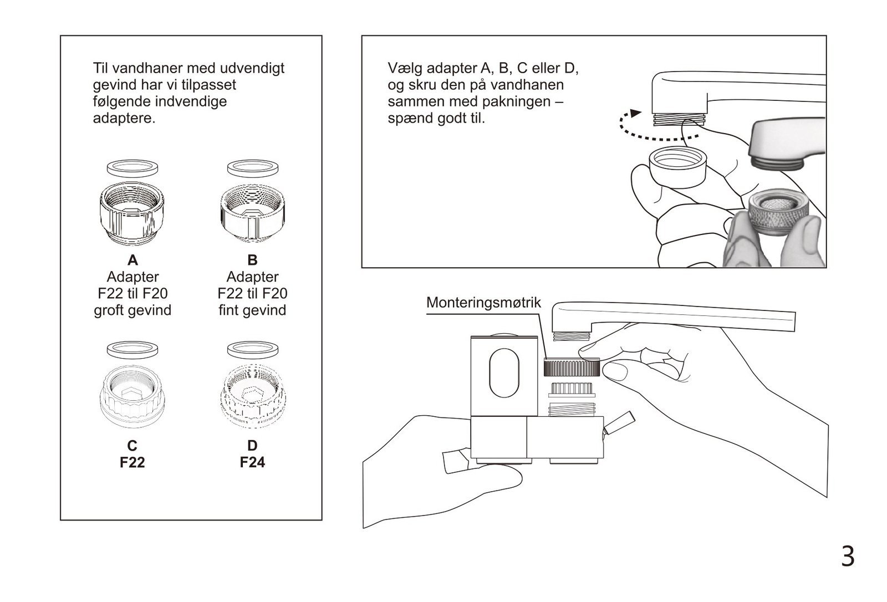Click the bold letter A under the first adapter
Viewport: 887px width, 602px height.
pos(132,260)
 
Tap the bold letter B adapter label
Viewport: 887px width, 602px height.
pos(252,260)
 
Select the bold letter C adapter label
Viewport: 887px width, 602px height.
pos(132,446)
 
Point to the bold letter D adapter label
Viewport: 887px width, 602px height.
pos(252,446)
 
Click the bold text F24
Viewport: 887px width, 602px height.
pos(252,462)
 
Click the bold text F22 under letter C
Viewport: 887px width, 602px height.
pos(132,462)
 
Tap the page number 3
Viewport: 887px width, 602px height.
pos(848,556)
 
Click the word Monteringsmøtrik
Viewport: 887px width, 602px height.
pos(483,303)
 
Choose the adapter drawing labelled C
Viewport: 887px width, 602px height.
pos(132,396)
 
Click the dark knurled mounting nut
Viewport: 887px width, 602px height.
pos(572,367)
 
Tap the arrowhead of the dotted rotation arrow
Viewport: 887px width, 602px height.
pos(635,113)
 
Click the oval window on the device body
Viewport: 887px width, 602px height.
pos(504,373)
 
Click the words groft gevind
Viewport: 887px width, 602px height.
pos(132,310)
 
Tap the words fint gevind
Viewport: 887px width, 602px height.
pos(252,310)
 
